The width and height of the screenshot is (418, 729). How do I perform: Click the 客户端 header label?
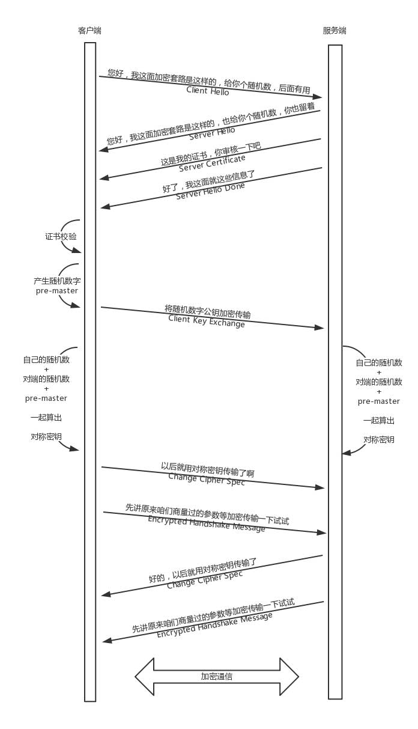[89, 31]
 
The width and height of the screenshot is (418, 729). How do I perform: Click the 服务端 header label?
[335, 31]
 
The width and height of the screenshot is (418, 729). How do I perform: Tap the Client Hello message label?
[208, 91]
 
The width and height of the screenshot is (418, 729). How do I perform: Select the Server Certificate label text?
[212, 163]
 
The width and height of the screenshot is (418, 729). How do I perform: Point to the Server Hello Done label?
[210, 191]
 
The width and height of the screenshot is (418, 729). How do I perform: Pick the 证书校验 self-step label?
[61, 237]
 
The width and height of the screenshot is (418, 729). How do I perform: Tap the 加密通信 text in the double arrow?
[217, 676]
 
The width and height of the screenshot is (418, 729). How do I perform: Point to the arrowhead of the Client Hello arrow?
[318, 96]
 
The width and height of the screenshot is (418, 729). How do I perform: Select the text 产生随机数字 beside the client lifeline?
[57, 281]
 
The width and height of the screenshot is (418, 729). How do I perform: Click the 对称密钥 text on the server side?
[378, 440]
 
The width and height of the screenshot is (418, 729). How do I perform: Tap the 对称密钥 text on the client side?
[46, 436]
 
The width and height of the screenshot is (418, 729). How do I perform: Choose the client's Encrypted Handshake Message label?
[207, 524]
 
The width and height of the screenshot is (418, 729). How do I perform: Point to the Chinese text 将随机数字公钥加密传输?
[208, 311]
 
